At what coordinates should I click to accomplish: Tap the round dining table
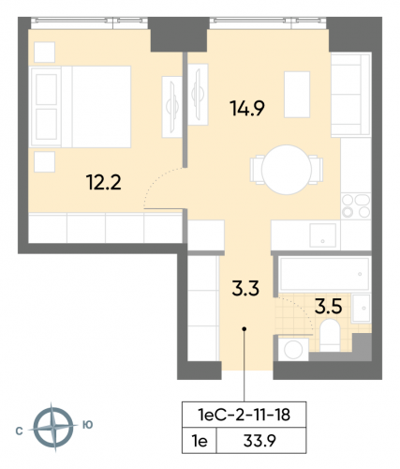click(284, 169)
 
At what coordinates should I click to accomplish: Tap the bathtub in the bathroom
click(323, 272)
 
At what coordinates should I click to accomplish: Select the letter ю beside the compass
click(87, 425)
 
